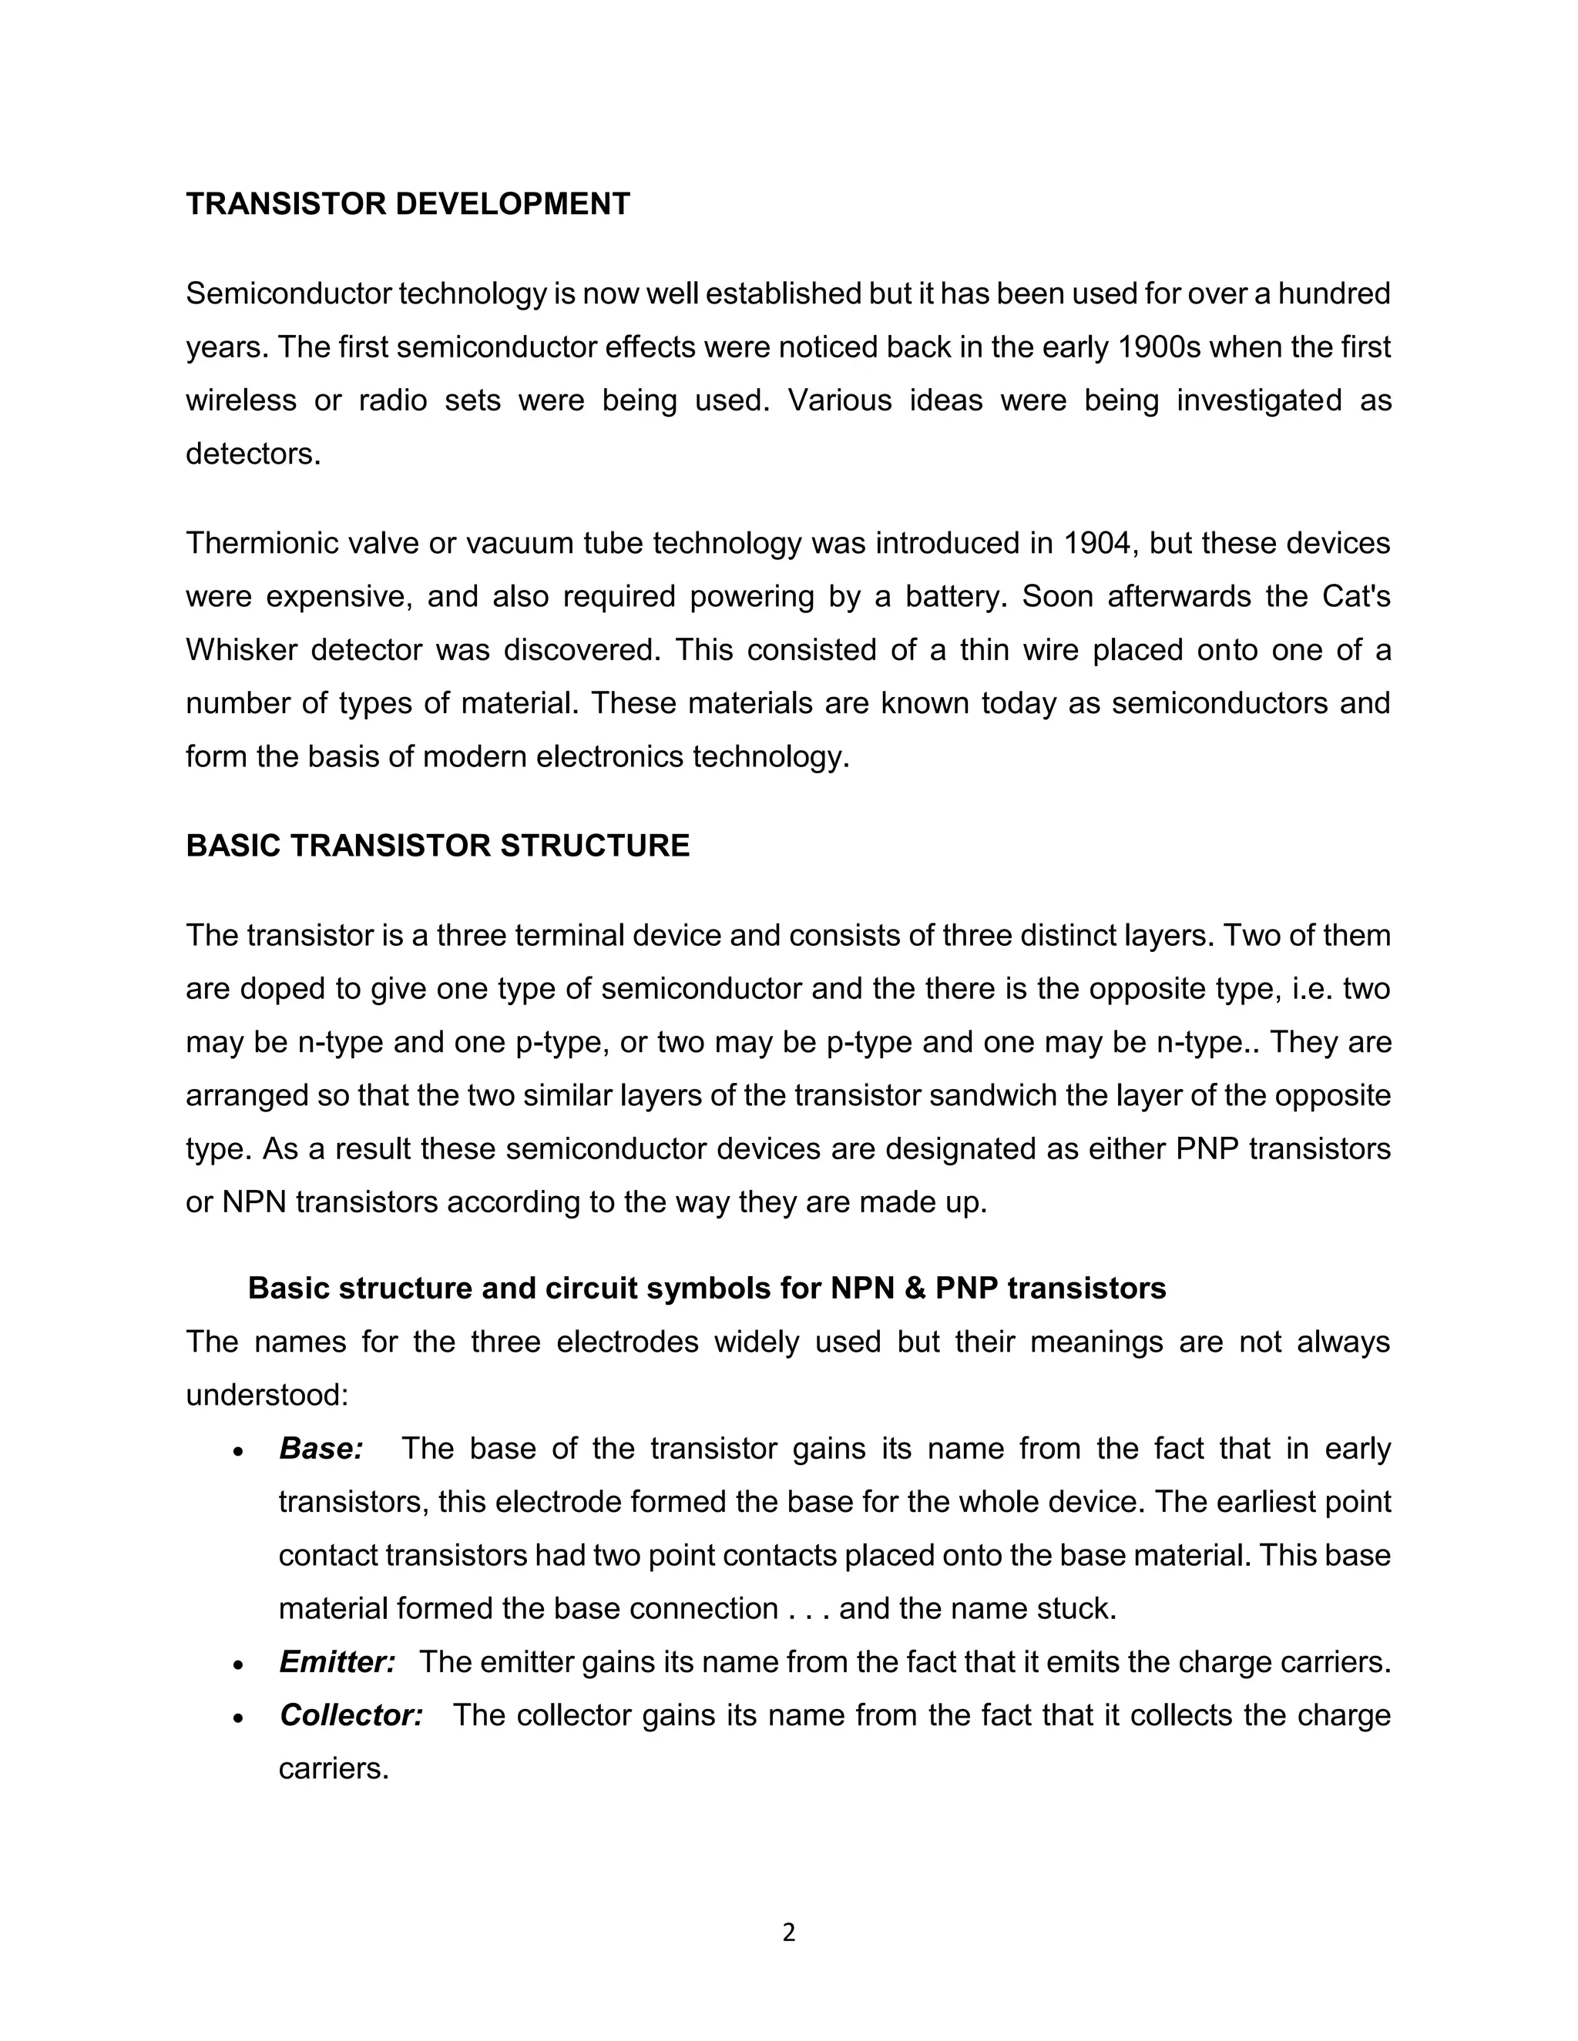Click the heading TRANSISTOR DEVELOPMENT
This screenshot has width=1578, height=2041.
[x=408, y=204]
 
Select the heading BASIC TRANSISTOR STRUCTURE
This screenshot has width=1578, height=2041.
[x=438, y=846]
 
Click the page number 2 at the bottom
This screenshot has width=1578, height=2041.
[x=788, y=1932]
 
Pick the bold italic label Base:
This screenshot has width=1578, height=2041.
[x=321, y=1449]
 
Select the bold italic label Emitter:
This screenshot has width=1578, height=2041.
[x=337, y=1663]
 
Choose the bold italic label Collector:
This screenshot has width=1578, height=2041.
[x=351, y=1716]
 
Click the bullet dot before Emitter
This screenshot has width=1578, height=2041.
[x=238, y=1665]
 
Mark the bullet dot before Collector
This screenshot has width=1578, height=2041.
[x=238, y=1718]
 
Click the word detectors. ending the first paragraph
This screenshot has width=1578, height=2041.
[x=253, y=454]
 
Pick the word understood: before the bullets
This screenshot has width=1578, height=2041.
[x=267, y=1396]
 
